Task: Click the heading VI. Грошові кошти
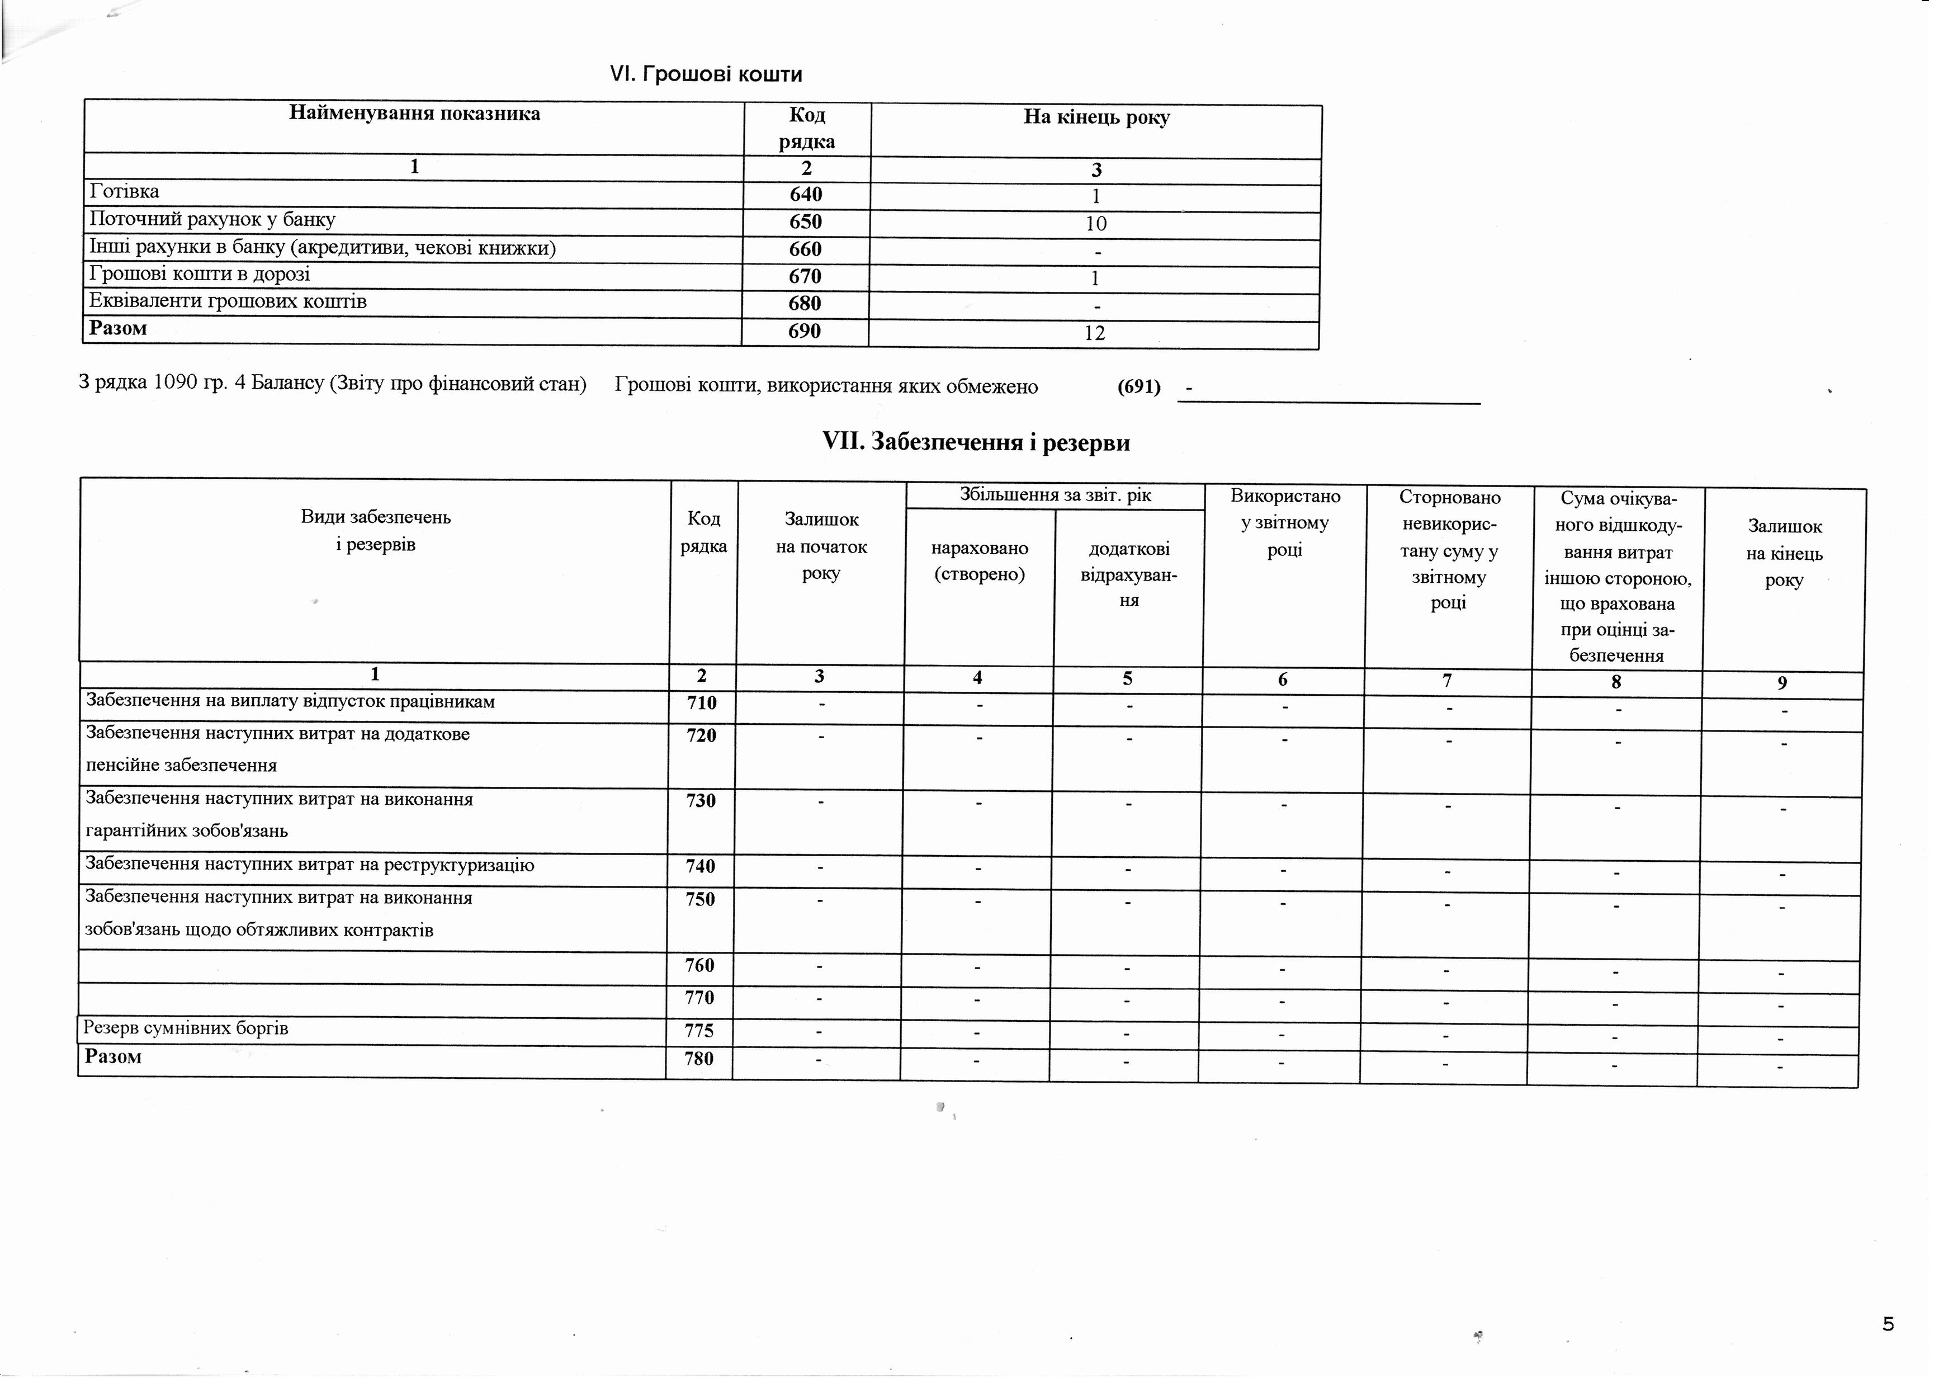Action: (x=706, y=75)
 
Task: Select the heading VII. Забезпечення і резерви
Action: (x=976, y=442)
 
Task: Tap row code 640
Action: (x=806, y=194)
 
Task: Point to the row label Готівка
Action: (x=125, y=192)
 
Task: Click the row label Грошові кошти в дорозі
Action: (x=200, y=274)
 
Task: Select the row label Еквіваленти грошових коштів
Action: (x=228, y=301)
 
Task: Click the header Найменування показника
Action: (x=414, y=114)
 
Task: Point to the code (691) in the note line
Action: (x=1138, y=387)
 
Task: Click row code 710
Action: (x=702, y=702)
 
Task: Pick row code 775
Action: (x=699, y=1031)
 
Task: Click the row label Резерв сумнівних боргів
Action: (x=186, y=1028)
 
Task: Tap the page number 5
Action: (x=1888, y=1324)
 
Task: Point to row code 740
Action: (x=701, y=866)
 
